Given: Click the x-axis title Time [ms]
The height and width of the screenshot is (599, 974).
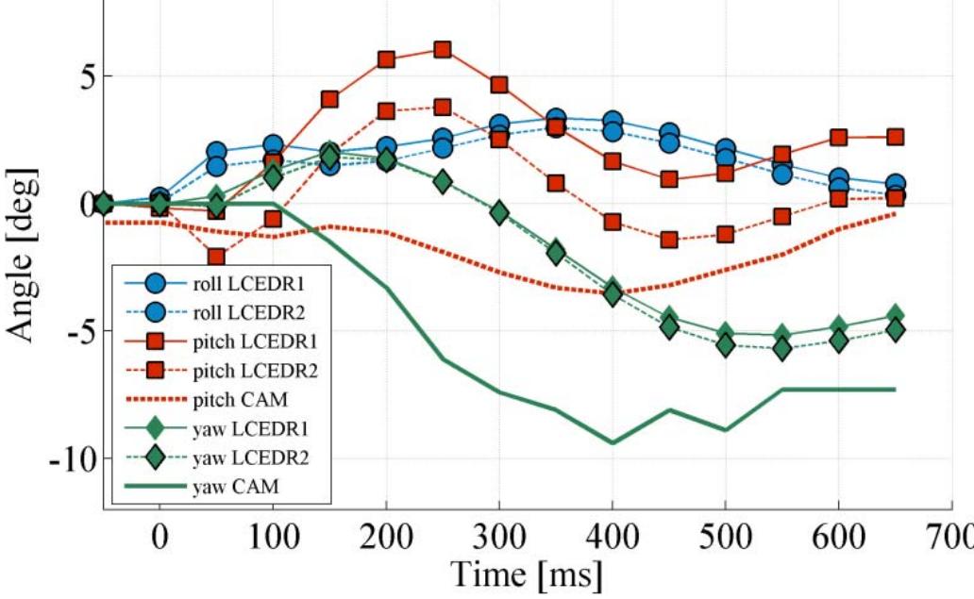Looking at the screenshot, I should (527, 571).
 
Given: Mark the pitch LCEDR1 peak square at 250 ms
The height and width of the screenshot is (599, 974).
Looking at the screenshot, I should (443, 49).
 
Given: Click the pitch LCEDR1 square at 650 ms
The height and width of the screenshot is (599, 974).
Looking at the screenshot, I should (895, 137).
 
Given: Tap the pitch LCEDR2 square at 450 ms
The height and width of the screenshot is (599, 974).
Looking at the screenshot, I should (669, 240).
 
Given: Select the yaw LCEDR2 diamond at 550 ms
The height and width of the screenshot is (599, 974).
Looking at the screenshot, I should (781, 349).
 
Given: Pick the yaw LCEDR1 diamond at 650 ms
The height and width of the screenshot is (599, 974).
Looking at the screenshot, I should (895, 315).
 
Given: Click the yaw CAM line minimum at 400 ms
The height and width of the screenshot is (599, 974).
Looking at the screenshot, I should (613, 442).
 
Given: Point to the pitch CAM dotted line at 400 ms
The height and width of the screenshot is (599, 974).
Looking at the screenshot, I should (613, 292).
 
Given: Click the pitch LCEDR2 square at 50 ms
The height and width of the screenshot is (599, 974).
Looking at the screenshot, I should (216, 257).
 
